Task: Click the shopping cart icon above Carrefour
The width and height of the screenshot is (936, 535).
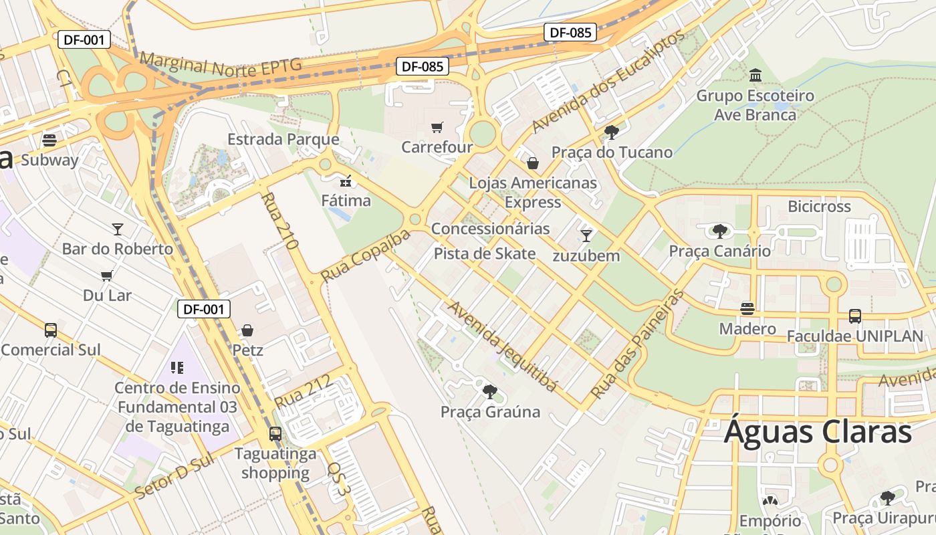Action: [437, 127]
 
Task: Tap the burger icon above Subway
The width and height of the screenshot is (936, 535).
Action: [49, 140]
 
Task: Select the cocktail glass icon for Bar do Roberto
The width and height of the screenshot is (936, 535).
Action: [118, 229]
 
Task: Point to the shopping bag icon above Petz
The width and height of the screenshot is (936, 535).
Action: [247, 330]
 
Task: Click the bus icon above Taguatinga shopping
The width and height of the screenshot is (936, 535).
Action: [275, 433]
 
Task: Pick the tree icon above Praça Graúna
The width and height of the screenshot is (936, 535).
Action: [490, 392]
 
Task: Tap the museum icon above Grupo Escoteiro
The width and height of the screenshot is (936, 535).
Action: [755, 74]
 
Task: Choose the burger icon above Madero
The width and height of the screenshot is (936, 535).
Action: [747, 308]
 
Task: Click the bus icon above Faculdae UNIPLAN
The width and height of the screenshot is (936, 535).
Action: [854, 316]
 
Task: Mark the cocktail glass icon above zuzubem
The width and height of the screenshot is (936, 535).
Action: [586, 235]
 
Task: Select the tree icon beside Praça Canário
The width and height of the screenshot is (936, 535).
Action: [719, 231]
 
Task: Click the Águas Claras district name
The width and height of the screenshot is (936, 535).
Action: [818, 431]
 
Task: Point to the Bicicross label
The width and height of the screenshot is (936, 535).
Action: [819, 206]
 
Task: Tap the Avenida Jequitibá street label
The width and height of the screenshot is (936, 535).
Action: [501, 346]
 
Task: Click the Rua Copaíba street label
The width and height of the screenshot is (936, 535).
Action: [365, 255]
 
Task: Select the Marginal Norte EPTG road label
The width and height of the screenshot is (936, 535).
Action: [221, 65]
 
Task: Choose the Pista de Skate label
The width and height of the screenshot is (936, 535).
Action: [485, 253]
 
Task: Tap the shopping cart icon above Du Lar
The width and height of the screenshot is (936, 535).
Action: [107, 276]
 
